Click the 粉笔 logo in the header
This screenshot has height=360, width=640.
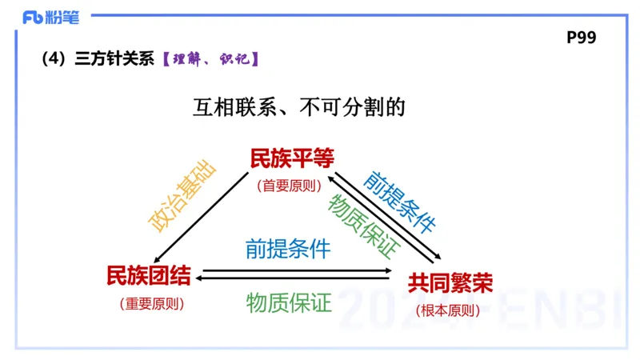click(x=50, y=18)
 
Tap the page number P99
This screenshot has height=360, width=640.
click(x=582, y=38)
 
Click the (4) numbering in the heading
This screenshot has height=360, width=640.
click(x=52, y=59)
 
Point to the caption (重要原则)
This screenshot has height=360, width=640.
click(x=151, y=304)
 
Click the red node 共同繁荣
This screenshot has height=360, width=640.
click(x=450, y=282)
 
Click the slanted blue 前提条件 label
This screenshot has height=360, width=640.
click(x=399, y=200)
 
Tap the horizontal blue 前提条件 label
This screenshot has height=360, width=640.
click(x=288, y=248)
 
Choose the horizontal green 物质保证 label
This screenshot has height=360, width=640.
click(x=288, y=302)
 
